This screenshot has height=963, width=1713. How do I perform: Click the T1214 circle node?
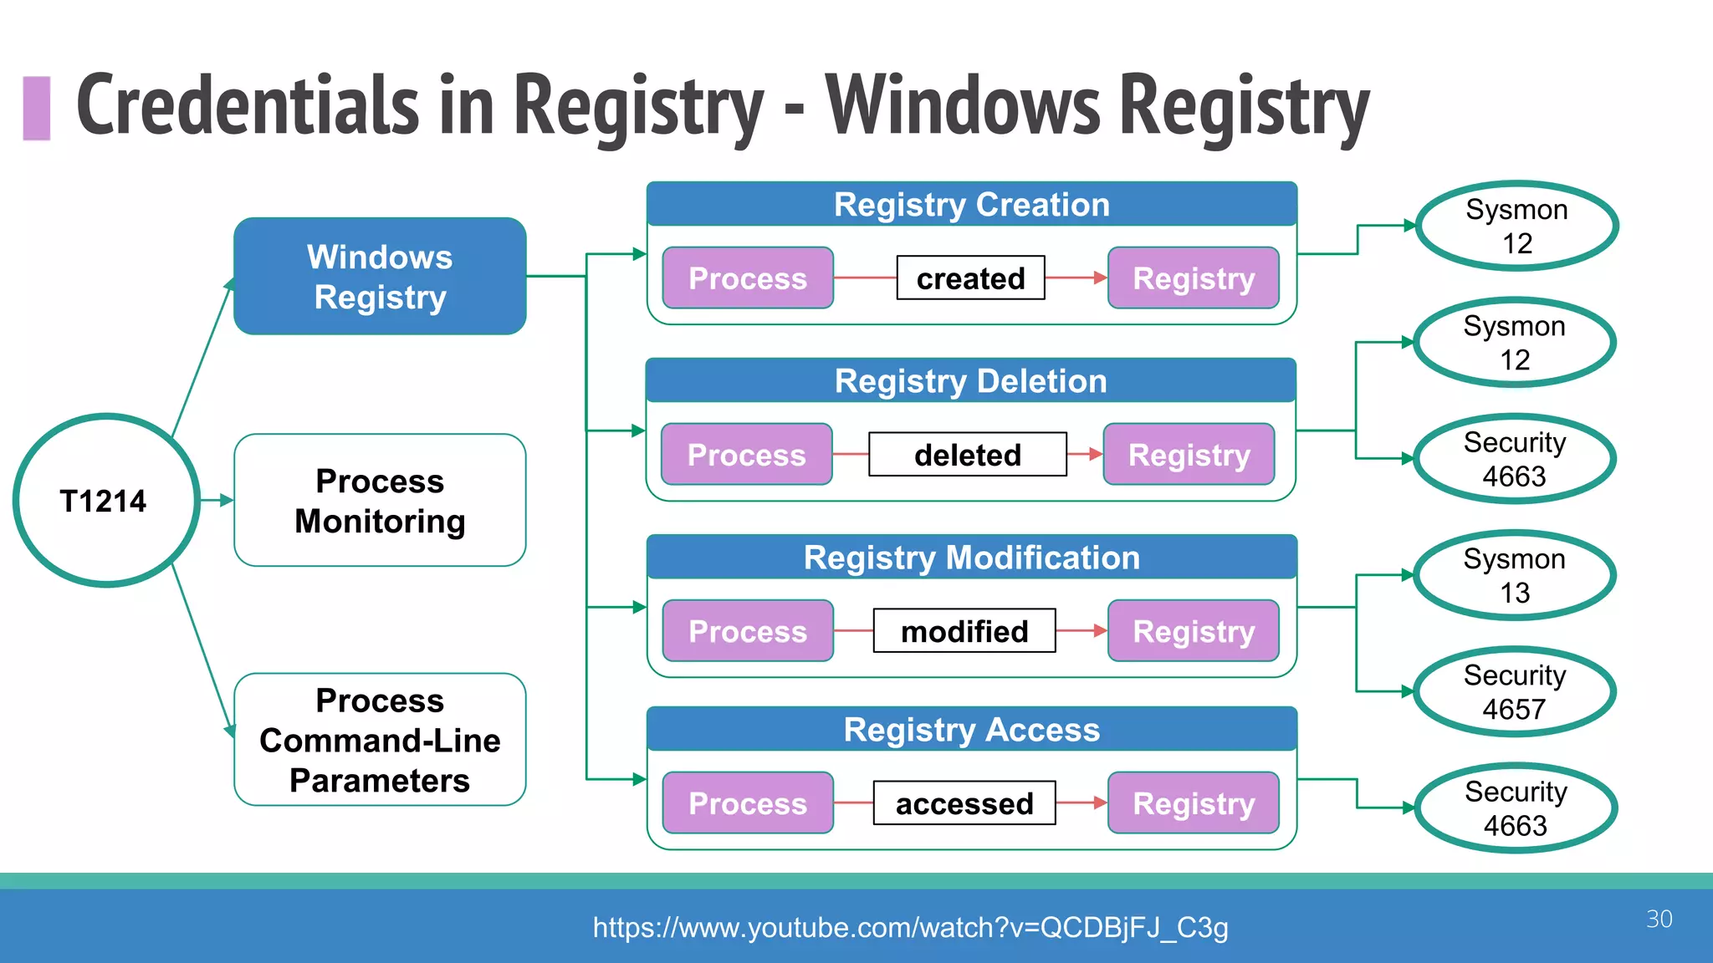[x=105, y=500]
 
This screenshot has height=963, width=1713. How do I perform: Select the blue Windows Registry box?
[x=380, y=277]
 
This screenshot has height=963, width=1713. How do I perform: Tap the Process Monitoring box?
[x=380, y=500]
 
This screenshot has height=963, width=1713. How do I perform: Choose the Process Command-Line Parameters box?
[x=380, y=740]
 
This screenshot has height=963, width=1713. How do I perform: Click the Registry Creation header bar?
[x=971, y=205]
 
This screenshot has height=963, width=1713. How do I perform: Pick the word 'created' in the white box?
[x=970, y=278]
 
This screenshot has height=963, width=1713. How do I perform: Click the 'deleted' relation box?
[x=968, y=455]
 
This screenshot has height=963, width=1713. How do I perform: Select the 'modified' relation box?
[x=964, y=631]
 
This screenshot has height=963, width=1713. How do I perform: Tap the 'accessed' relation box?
[x=964, y=803]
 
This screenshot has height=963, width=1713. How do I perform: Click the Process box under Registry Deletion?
[x=746, y=455]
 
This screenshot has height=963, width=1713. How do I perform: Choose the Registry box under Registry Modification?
[x=1194, y=631]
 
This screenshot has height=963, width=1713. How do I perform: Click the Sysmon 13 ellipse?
[x=1514, y=575]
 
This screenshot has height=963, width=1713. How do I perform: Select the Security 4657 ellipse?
[x=1514, y=691]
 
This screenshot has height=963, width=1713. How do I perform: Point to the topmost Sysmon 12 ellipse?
[x=1516, y=226]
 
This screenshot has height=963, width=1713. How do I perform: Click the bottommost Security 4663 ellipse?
[x=1516, y=808]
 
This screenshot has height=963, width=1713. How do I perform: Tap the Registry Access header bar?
[x=971, y=730]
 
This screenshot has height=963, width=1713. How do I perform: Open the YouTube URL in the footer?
[x=910, y=927]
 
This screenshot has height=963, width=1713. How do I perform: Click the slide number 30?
[x=1659, y=919]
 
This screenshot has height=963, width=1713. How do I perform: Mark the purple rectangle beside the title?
[x=37, y=108]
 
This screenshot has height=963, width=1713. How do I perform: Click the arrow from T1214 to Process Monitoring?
[x=216, y=500]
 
